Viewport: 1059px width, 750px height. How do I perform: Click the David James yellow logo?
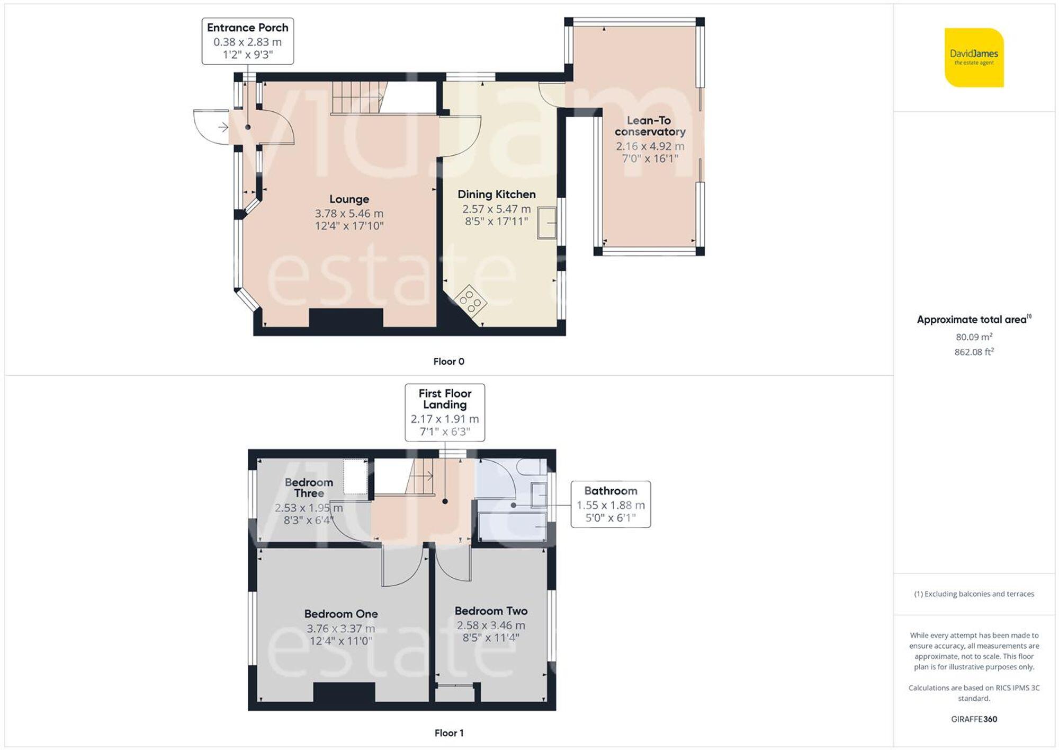(x=974, y=57)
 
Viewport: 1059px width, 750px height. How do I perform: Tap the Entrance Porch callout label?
(x=247, y=41)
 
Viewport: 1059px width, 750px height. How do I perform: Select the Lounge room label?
(x=349, y=199)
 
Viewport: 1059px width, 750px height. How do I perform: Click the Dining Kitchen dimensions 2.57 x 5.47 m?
(x=496, y=209)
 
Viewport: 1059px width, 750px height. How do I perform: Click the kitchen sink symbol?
(x=547, y=223)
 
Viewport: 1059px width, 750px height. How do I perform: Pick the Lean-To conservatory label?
(x=649, y=126)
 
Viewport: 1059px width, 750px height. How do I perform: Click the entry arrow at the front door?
(x=223, y=127)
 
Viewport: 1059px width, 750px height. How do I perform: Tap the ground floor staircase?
(x=357, y=98)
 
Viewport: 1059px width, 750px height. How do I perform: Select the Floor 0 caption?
(x=448, y=361)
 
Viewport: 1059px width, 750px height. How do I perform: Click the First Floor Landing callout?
(x=445, y=412)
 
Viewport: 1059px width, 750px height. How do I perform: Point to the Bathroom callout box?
(x=611, y=504)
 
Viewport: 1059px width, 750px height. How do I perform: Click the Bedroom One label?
(x=341, y=614)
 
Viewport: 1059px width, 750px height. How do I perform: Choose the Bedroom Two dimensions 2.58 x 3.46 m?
(x=491, y=625)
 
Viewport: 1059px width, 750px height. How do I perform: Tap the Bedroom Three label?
(x=309, y=488)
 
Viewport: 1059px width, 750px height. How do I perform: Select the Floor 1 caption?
(x=448, y=733)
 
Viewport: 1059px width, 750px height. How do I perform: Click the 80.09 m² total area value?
(x=974, y=337)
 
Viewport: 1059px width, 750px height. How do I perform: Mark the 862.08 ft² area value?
(x=974, y=352)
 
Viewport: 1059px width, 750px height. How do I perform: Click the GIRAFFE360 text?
(x=974, y=719)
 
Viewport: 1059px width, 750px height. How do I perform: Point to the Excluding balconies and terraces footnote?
(x=974, y=594)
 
